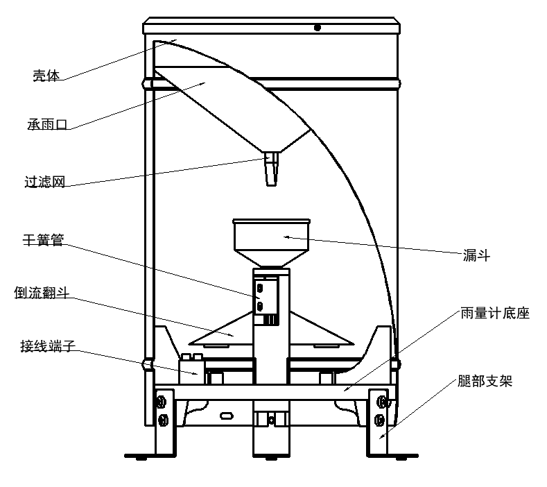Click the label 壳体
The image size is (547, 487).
click(46, 76)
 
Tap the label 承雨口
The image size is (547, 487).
click(47, 124)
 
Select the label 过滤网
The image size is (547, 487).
click(44, 182)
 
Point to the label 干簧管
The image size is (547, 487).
click(43, 240)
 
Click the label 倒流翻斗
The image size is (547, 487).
click(42, 293)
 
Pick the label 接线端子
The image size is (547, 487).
click(48, 346)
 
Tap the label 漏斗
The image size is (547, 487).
click(476, 255)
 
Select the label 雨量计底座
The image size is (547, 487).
click(495, 313)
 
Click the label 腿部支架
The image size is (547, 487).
click(485, 381)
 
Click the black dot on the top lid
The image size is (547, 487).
click(317, 28)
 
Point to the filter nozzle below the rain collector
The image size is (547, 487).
click(272, 169)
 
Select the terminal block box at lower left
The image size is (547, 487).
click(191, 370)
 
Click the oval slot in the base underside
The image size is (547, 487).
click(227, 416)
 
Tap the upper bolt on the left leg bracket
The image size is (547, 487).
click(161, 402)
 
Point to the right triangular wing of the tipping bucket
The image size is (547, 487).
click(321, 330)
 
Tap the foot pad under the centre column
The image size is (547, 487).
click(271, 458)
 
